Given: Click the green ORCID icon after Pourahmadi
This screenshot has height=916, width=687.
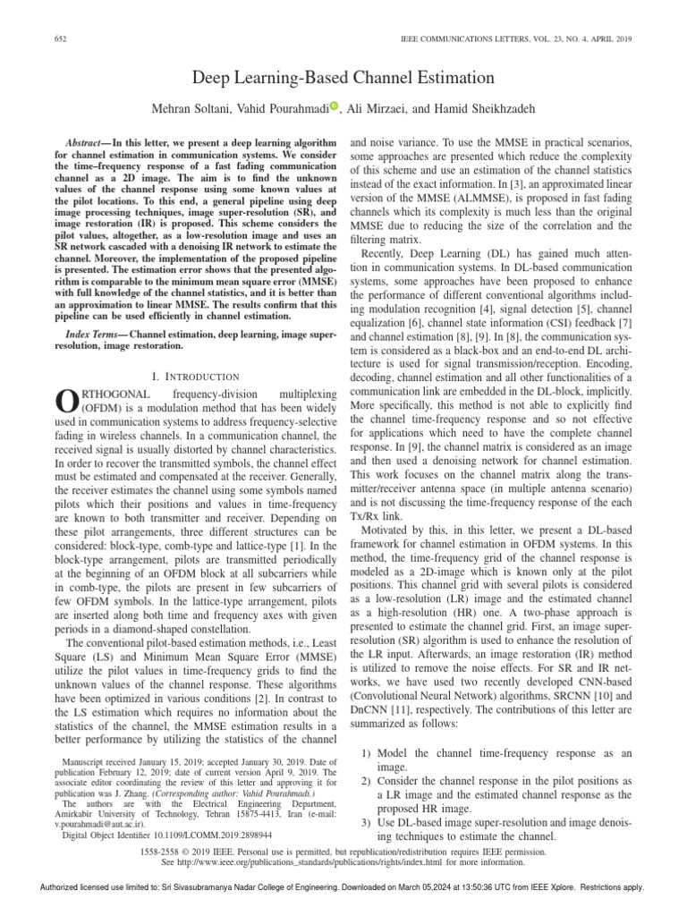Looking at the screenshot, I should click(x=335, y=106).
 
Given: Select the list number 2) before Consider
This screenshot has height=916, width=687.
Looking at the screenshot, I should click(x=364, y=783).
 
